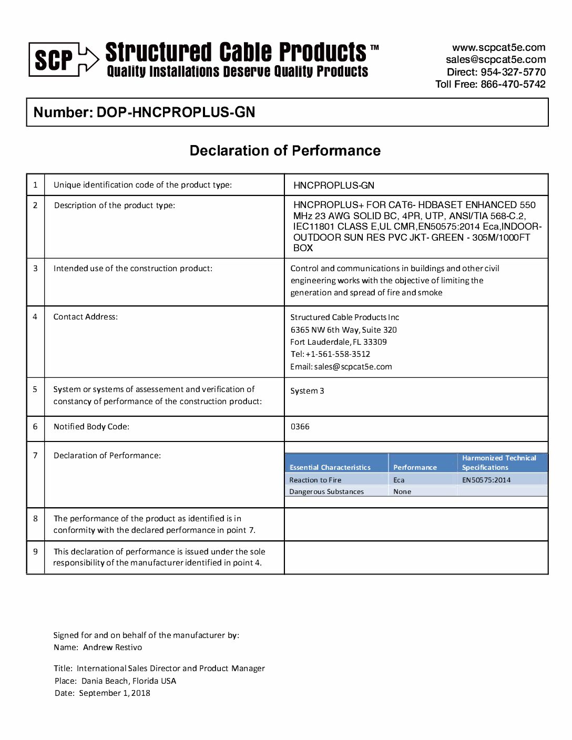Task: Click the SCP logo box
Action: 54,60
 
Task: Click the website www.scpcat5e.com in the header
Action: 498,48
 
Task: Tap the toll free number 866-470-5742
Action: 513,84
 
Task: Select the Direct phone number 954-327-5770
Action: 513,72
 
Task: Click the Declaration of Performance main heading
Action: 285,151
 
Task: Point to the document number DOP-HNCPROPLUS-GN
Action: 176,112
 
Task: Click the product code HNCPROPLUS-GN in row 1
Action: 334,186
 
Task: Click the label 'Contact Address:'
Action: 86,317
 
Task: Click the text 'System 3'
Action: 307,391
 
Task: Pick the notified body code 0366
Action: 300,427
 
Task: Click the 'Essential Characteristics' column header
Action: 330,467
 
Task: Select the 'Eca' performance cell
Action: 399,480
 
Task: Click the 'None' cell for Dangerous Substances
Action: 402,492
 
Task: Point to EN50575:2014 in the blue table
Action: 486,480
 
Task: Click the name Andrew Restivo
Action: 112,647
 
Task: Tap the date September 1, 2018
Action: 115,693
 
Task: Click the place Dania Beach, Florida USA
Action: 129,681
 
